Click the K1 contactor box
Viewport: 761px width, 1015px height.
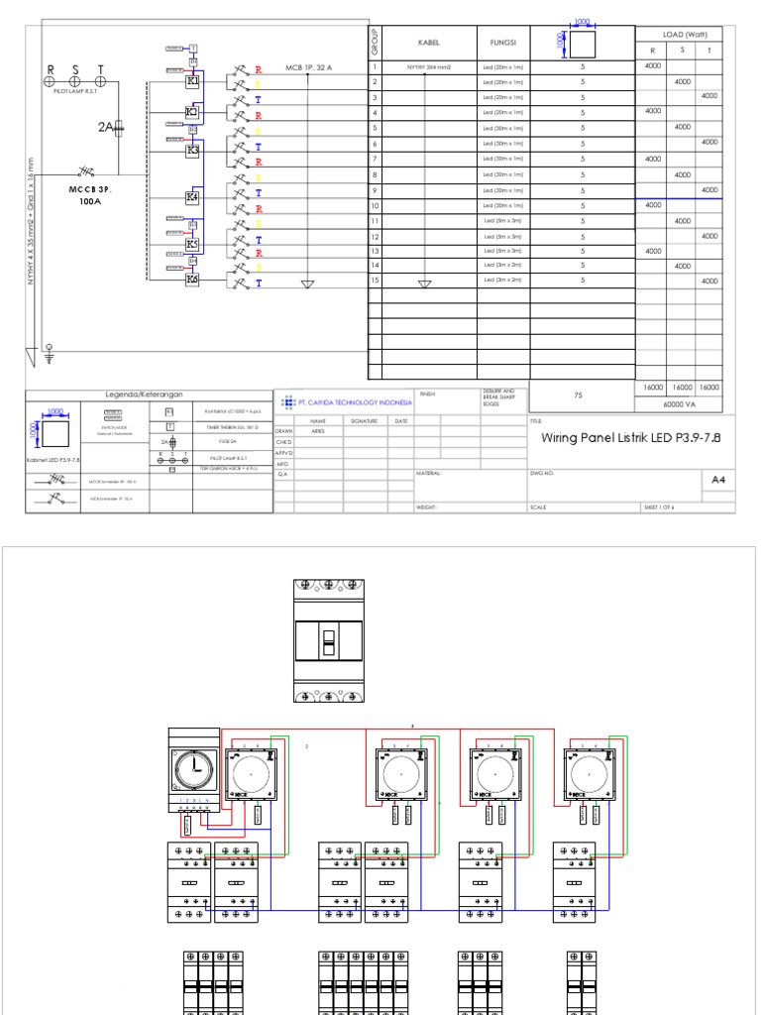pyautogui.click(x=193, y=79)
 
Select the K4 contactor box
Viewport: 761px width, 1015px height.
pyautogui.click(x=193, y=197)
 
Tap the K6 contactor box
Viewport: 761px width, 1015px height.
pyautogui.click(x=193, y=281)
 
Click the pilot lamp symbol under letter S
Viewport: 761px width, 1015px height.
pyautogui.click(x=75, y=82)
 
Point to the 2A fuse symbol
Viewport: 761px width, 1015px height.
pyautogui.click(x=117, y=126)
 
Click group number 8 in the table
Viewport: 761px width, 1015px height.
pyautogui.click(x=376, y=174)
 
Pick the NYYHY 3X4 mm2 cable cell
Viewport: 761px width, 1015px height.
pyautogui.click(x=423, y=66)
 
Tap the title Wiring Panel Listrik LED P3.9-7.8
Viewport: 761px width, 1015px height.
pyautogui.click(x=630, y=437)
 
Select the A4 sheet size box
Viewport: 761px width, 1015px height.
pyautogui.click(x=718, y=480)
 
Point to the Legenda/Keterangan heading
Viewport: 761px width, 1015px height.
pyautogui.click(x=148, y=395)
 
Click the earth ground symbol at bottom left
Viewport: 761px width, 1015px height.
pyautogui.click(x=50, y=349)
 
